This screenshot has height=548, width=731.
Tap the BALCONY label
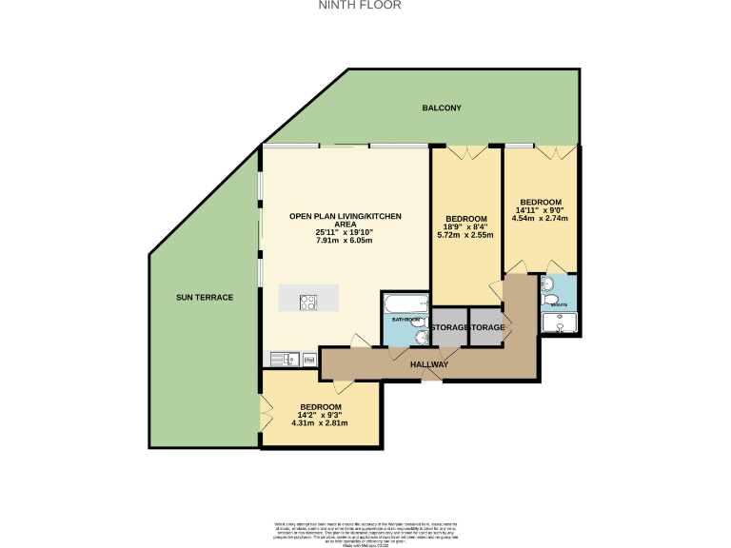click(x=442, y=108)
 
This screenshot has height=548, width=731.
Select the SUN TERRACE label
click(x=204, y=298)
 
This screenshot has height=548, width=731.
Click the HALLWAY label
click(x=429, y=364)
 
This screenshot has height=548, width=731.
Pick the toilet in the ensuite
click(x=550, y=301)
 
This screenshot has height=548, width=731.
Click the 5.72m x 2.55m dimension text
click(x=465, y=235)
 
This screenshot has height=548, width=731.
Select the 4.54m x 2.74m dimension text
click(x=539, y=218)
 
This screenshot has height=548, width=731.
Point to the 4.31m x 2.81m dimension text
click(x=321, y=423)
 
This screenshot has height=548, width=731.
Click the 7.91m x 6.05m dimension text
click(x=345, y=241)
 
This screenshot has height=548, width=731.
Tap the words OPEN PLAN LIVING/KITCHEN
click(x=345, y=217)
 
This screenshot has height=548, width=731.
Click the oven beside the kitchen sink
click(x=309, y=359)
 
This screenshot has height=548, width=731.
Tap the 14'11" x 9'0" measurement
click(x=539, y=210)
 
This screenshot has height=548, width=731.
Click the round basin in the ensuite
click(x=545, y=284)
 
